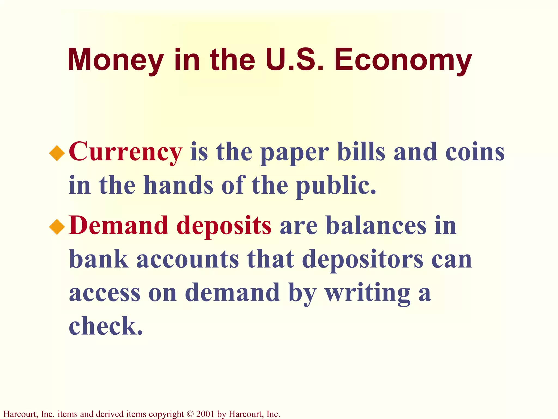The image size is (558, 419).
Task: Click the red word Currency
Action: [x=125, y=152]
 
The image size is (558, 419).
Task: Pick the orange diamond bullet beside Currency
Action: [x=57, y=153]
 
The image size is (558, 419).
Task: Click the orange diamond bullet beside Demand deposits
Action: [x=57, y=227]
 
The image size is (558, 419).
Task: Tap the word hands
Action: [x=178, y=185]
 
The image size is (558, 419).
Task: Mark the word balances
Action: [x=376, y=226]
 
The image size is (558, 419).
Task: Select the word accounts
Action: [x=188, y=259]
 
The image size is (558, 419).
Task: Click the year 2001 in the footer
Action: [x=205, y=414]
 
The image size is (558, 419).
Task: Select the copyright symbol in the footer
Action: [x=190, y=414]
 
